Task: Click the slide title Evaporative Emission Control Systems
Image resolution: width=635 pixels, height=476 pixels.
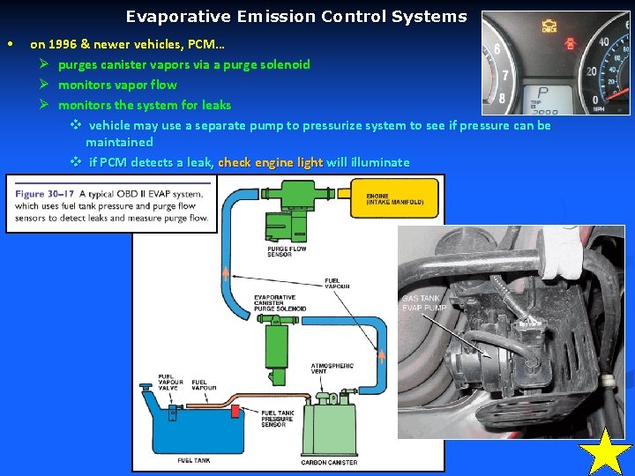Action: tap(295, 17)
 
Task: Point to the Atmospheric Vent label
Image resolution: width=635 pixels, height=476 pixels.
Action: tap(332, 368)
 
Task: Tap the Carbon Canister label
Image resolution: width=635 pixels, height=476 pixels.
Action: tap(329, 462)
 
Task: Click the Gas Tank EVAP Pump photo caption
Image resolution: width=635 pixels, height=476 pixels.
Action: tap(424, 302)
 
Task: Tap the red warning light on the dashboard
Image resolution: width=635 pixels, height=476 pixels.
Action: tap(570, 41)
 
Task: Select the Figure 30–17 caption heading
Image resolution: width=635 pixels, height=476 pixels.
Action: tap(44, 193)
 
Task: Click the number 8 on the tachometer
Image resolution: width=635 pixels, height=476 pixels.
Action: tap(503, 99)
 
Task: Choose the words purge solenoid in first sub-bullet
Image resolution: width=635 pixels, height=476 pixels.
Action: tap(263, 64)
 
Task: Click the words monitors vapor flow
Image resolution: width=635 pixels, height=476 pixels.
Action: tap(117, 85)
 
